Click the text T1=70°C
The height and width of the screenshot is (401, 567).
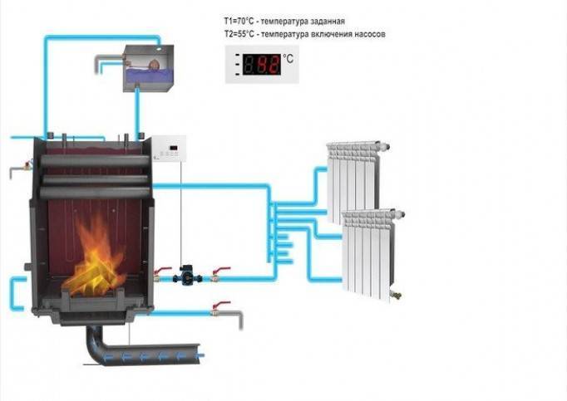click(239, 21)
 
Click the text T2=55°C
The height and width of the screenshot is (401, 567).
click(239, 34)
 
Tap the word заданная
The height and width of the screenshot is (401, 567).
click(327, 22)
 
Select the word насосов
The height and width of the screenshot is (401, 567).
click(367, 34)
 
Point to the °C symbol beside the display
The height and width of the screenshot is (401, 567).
click(288, 58)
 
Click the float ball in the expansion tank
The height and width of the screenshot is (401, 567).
click(155, 64)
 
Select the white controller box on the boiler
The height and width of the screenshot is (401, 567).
click(170, 149)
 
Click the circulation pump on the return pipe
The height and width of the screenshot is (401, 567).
click(187, 276)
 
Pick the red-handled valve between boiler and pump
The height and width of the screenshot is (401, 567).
click(160, 274)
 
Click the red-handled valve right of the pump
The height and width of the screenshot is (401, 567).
click(219, 274)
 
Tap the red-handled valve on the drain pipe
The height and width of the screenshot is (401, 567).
click(219, 308)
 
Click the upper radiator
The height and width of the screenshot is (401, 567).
click(353, 181)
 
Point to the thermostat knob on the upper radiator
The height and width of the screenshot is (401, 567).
click(384, 146)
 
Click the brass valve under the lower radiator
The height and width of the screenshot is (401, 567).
click(396, 296)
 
